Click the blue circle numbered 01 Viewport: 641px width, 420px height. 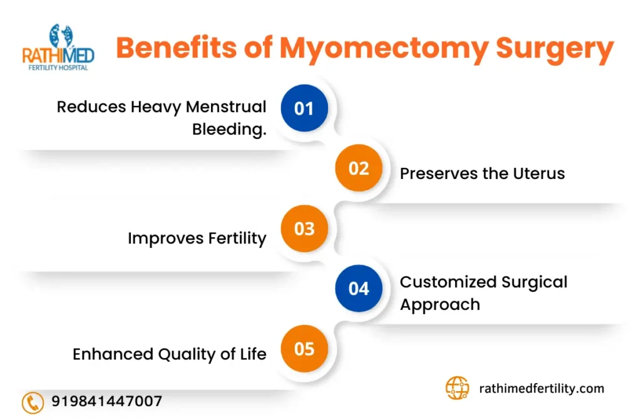tap(304, 108)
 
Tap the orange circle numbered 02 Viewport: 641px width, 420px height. tap(359, 168)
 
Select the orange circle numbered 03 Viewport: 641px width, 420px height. tap(304, 228)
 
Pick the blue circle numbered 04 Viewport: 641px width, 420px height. tap(359, 289)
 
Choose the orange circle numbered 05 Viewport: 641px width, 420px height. tap(304, 349)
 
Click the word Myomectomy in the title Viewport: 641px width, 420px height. tap(384, 49)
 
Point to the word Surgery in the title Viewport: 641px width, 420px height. tap(555, 49)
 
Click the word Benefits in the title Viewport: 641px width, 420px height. tap(176, 47)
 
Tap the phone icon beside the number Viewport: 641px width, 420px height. tap(33, 402)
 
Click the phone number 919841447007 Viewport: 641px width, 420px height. tap(106, 401)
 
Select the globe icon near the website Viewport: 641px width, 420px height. tap(457, 388)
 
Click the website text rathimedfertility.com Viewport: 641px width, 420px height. tap(541, 388)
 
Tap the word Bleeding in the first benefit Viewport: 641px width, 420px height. tap(229, 129)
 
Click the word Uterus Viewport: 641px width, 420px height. tap(539, 173)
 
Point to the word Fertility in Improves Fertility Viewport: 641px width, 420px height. tap(237, 238)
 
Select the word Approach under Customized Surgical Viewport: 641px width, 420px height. tap(440, 305)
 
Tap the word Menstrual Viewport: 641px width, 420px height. tap(226, 107)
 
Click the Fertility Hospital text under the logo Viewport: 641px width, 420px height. tap(58, 68)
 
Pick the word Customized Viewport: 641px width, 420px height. tap(448, 282)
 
